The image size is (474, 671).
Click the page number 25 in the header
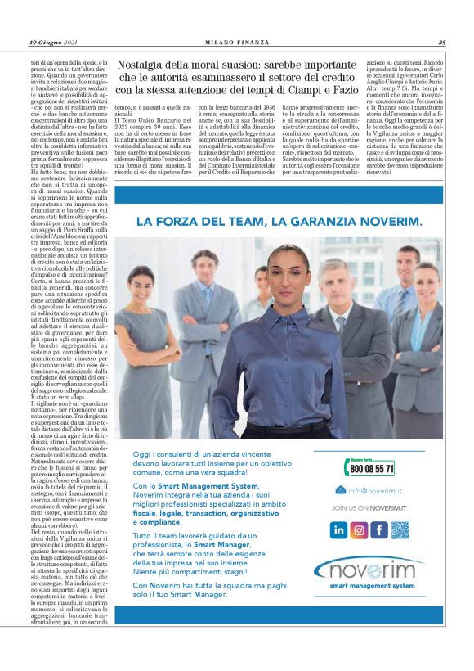click(442, 42)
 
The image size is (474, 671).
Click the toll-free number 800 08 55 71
click(372, 469)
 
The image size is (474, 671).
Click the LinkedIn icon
click(338, 529)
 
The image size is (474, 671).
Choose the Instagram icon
click(359, 529)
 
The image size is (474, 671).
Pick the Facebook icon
click(378, 529)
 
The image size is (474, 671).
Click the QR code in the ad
click(400, 529)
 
